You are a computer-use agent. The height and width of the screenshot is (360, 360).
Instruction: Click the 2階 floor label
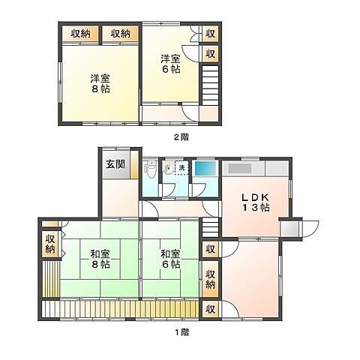coord(181,136)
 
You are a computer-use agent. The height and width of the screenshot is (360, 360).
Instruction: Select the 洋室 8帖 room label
coord(97,82)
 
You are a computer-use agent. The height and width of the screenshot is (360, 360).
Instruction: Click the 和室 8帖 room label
coord(97,259)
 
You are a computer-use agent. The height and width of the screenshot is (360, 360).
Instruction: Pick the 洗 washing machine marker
coord(182,166)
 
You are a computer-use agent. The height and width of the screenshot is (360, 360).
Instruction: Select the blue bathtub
coord(204,168)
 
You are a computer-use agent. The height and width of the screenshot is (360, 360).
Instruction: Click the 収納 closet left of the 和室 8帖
coord(49,243)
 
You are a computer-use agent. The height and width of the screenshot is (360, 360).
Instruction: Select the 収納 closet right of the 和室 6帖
coord(211,279)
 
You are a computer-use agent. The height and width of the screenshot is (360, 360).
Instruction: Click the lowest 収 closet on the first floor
coord(211,308)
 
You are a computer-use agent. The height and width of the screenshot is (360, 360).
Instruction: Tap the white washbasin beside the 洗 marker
coord(172,168)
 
